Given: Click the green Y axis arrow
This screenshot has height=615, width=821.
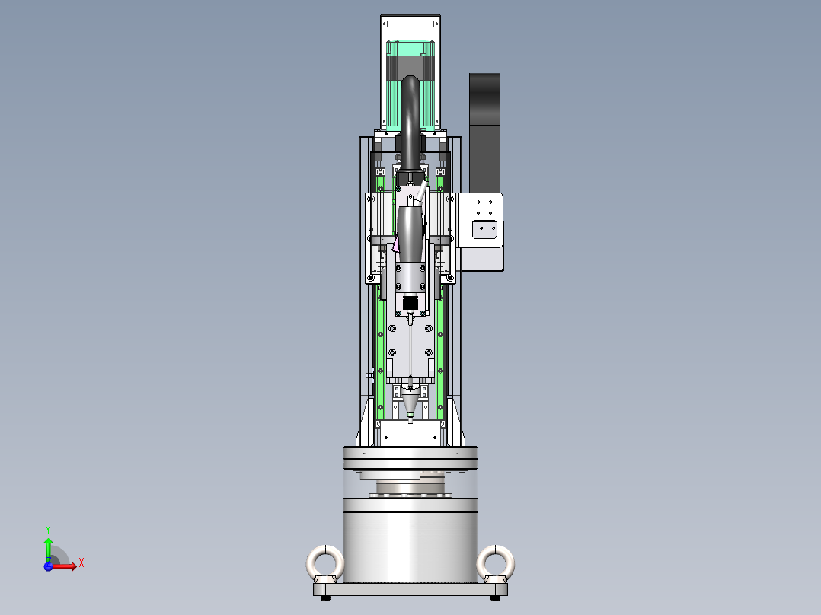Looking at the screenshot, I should (x=48, y=546).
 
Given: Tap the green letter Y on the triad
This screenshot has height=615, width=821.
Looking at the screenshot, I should (x=47, y=527).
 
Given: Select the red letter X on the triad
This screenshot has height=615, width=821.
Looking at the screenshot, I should (x=81, y=563).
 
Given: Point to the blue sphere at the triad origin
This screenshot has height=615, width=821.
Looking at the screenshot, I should (x=49, y=566).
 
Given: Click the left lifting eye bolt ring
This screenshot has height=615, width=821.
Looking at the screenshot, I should (x=325, y=563).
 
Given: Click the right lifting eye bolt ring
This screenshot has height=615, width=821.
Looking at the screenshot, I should (x=496, y=563).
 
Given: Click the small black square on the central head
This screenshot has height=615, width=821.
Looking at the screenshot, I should (x=410, y=304).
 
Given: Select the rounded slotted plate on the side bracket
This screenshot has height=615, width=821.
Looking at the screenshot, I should (x=485, y=229).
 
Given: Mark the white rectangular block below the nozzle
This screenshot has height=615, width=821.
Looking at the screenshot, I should (x=410, y=434).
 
